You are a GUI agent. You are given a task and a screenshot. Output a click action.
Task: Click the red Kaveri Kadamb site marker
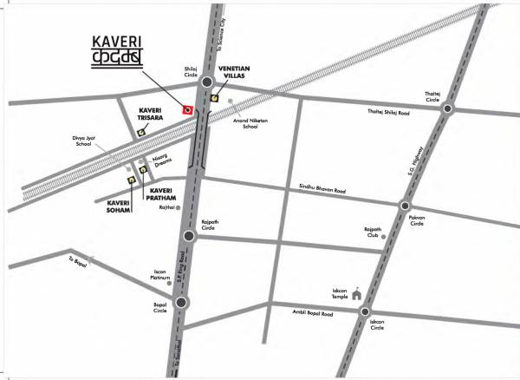187,109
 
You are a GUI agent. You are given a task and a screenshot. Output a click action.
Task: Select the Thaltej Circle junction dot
447,109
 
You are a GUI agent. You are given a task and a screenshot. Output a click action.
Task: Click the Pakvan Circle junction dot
405,206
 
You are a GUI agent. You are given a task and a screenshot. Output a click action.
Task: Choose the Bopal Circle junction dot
181,303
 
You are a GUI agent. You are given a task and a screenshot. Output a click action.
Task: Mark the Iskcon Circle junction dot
366,312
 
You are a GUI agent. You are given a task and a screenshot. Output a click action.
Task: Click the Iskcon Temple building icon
355,296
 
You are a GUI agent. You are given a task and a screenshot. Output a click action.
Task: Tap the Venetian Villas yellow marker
214,99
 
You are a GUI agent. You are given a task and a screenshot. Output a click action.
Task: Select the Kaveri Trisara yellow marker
141,132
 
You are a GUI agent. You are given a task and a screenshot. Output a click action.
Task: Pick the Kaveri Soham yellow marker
131,180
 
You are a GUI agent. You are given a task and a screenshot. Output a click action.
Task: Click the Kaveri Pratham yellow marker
143,170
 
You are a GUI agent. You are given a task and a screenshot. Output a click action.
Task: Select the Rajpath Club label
373,233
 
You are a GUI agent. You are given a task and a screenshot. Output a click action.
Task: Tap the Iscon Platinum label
159,275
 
